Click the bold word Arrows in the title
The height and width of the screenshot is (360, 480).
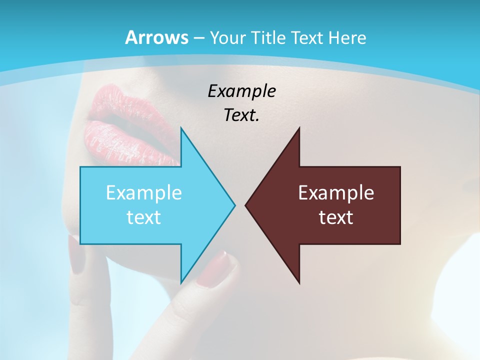pyautogui.click(x=156, y=37)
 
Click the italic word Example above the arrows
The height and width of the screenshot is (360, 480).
pyautogui.click(x=241, y=91)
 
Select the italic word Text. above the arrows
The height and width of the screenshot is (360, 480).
pyautogui.click(x=241, y=115)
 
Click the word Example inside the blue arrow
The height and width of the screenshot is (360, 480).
pyautogui.click(x=143, y=193)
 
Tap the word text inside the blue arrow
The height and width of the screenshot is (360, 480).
pyautogui.click(x=143, y=217)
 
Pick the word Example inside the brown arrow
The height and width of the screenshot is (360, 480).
pyautogui.click(x=336, y=193)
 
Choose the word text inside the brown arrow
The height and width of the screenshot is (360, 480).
pyautogui.click(x=336, y=217)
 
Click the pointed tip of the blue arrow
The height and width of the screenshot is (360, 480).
pyautogui.click(x=234, y=205)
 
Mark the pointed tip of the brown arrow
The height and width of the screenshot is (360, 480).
pyautogui.click(x=245, y=205)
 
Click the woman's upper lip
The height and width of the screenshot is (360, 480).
pyautogui.click(x=107, y=100)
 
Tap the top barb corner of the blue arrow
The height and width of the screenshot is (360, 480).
pyautogui.click(x=181, y=128)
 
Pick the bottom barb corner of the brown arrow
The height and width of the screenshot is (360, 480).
pyautogui.click(x=299, y=283)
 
